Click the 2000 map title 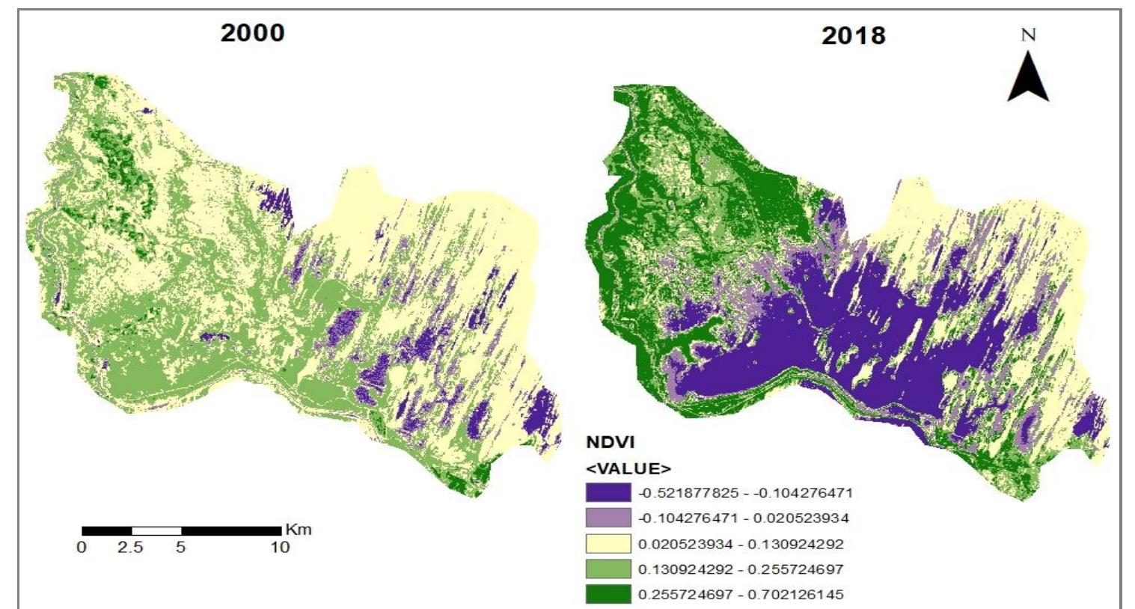(252, 33)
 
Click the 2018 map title (853, 35)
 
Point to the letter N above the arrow (1028, 34)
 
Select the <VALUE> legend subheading (628, 469)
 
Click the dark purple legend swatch (608, 493)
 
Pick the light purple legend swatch (608, 518)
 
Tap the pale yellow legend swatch (608, 544)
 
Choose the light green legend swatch (608, 569)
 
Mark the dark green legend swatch (608, 595)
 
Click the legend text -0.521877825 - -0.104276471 (745, 493)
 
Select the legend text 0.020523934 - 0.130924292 (741, 544)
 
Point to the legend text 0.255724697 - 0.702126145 (741, 595)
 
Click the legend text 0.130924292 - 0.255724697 (741, 569)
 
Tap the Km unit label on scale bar (298, 530)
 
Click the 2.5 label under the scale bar (130, 548)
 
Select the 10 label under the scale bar (280, 548)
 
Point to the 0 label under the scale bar (82, 548)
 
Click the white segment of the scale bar (156, 530)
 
